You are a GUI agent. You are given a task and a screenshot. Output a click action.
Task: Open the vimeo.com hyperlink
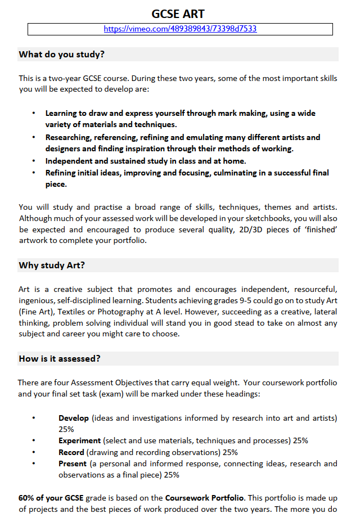click(x=180, y=29)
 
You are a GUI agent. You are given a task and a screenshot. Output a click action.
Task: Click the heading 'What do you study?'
click(x=62, y=55)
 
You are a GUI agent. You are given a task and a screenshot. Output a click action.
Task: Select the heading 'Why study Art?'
click(x=52, y=265)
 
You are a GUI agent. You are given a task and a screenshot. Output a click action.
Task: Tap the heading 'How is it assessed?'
click(x=60, y=359)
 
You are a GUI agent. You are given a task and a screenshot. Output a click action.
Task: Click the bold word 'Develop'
click(x=74, y=418)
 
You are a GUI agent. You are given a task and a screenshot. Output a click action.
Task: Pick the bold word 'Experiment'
click(x=80, y=440)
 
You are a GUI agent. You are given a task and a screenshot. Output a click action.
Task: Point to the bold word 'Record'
click(x=71, y=452)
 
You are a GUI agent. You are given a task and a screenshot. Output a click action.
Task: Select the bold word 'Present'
click(x=73, y=463)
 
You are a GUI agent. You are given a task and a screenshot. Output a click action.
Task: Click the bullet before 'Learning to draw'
click(x=34, y=113)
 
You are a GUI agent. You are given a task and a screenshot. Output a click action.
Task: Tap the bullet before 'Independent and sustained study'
click(x=34, y=161)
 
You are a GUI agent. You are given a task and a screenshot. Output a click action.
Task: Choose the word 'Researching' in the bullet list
click(x=68, y=137)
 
